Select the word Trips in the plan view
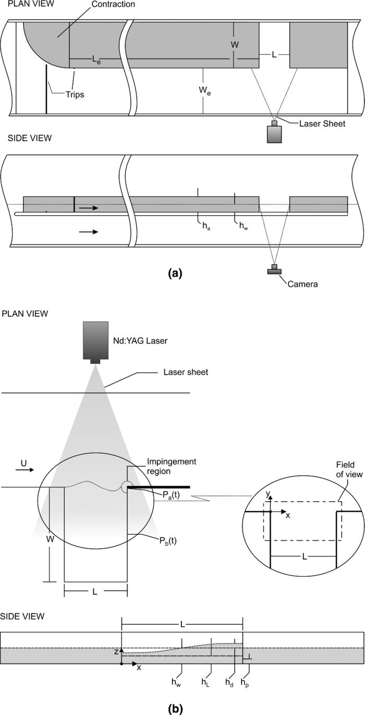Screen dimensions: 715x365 point(75,95)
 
